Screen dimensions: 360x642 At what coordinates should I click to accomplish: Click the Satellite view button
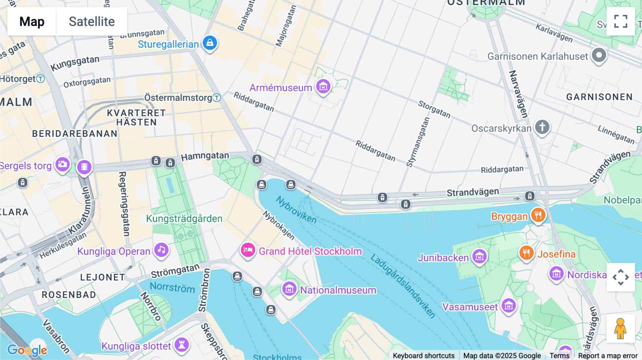click(x=92, y=21)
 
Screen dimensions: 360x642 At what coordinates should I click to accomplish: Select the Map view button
click(x=32, y=21)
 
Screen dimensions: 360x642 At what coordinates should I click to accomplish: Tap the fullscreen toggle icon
click(x=621, y=21)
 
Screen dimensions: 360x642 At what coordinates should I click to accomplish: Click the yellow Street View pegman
click(x=620, y=328)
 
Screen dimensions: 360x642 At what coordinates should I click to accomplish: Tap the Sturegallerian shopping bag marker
click(x=210, y=43)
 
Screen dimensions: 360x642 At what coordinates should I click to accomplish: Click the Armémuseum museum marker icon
click(x=323, y=86)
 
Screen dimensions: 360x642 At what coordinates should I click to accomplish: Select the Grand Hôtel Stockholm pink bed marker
click(x=248, y=250)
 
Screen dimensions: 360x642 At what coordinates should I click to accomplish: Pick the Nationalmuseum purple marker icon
click(x=289, y=289)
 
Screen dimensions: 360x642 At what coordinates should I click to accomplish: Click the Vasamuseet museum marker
click(x=509, y=305)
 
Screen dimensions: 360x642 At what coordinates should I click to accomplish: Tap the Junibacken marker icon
click(x=479, y=256)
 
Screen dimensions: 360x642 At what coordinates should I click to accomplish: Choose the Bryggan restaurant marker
click(x=538, y=215)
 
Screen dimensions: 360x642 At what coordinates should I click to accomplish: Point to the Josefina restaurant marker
click(x=526, y=253)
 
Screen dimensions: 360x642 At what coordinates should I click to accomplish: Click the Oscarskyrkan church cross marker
click(x=542, y=127)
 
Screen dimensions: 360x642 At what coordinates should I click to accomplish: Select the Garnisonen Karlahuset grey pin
click(x=599, y=55)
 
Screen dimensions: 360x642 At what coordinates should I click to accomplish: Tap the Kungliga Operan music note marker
click(x=162, y=250)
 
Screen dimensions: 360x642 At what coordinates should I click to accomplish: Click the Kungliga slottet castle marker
click(x=182, y=345)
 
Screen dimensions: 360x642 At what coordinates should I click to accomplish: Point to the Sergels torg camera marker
click(x=62, y=164)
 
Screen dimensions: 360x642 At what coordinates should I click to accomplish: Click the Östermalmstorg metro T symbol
click(x=217, y=98)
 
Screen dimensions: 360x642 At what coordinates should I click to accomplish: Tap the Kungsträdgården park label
click(x=184, y=218)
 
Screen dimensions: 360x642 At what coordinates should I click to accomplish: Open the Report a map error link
click(x=608, y=356)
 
